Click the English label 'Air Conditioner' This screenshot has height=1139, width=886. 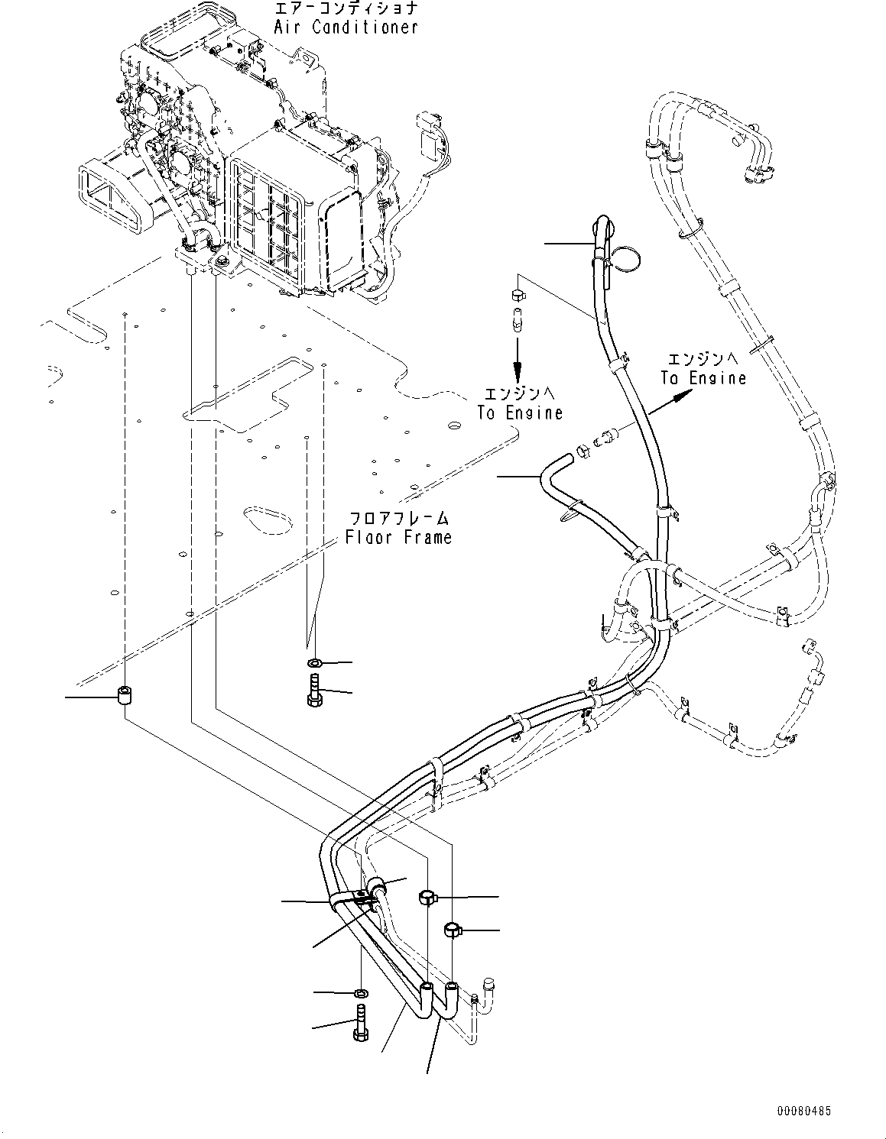tap(346, 27)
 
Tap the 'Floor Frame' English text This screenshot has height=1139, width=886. tap(398, 537)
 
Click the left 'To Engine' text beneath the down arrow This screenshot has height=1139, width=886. tap(520, 413)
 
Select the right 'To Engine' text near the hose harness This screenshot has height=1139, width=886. tap(703, 377)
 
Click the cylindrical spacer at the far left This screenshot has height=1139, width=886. tap(123, 695)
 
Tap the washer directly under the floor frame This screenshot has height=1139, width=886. tap(315, 662)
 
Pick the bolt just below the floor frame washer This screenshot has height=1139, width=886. tap(315, 691)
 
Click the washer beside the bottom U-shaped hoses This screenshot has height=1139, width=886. tap(361, 993)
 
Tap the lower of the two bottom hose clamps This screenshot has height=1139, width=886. tap(453, 929)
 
